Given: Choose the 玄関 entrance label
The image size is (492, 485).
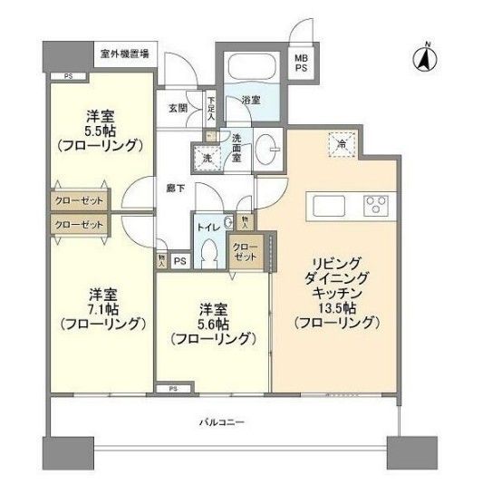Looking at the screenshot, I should (178, 107).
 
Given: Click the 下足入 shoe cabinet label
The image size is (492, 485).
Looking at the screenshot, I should (210, 108).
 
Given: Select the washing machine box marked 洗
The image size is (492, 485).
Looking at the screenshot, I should (205, 157).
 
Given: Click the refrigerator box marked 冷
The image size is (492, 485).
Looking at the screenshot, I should (342, 143).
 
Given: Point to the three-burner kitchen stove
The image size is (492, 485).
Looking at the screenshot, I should (374, 206).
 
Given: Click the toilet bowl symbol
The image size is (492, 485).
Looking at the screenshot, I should (208, 250).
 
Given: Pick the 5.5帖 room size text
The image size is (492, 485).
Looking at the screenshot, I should (100, 130).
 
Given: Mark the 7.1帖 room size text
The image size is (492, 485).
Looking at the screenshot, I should (100, 308).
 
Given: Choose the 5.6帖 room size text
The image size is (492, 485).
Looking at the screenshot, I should (214, 323).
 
